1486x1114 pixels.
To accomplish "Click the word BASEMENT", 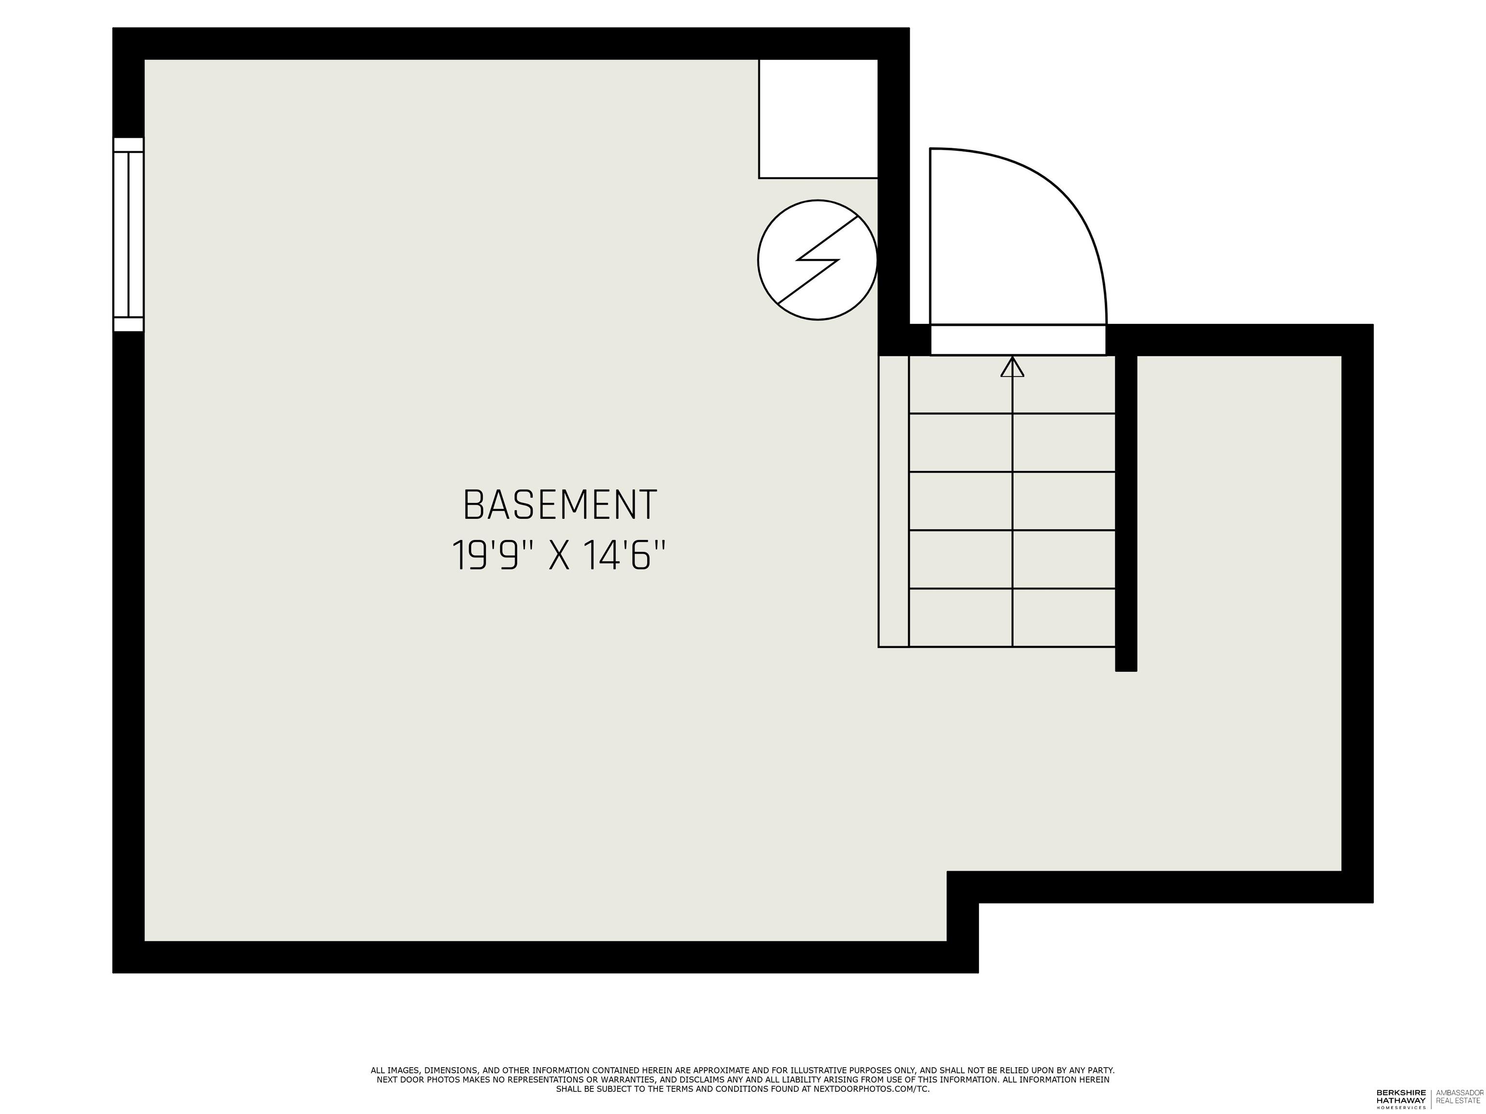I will click(x=560, y=505).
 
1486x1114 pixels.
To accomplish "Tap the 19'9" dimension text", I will click(x=486, y=556).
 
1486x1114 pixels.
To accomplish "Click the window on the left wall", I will click(x=128, y=235).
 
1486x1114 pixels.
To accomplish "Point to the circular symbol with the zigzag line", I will click(x=817, y=260).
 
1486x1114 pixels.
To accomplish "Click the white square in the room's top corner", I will click(x=817, y=119).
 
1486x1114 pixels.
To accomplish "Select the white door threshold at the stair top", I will click(x=1018, y=340).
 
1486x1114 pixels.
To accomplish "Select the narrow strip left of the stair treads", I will click(x=893, y=501).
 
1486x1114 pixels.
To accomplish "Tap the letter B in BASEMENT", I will click(x=473, y=505).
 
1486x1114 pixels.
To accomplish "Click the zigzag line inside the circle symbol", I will click(x=817, y=260).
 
